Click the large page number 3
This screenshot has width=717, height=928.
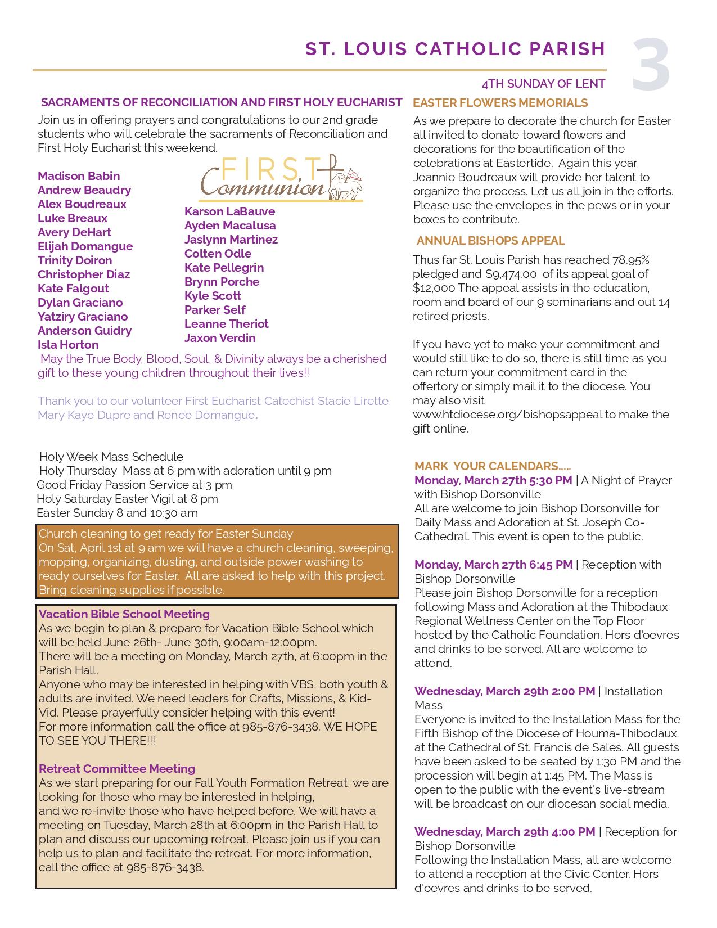click(651, 65)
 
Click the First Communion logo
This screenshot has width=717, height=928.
click(281, 178)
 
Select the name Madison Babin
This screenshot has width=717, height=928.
click(79, 176)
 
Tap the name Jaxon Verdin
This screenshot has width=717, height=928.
click(220, 338)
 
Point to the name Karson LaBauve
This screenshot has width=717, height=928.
click(229, 211)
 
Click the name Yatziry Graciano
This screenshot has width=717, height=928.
click(83, 317)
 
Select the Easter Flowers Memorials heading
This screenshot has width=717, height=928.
click(500, 103)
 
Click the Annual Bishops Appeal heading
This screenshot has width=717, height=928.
click(490, 241)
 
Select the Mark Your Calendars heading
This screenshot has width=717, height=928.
click(492, 466)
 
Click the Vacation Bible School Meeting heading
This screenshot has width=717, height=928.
click(124, 614)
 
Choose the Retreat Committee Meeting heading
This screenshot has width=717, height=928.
click(117, 769)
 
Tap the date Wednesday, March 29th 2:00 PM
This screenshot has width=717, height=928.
click(504, 691)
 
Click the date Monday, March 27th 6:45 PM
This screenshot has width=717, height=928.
click(493, 565)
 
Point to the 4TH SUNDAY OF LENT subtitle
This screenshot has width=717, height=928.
click(543, 84)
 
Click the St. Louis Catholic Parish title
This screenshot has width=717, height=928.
click(455, 49)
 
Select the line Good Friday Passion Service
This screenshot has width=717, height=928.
click(134, 485)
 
